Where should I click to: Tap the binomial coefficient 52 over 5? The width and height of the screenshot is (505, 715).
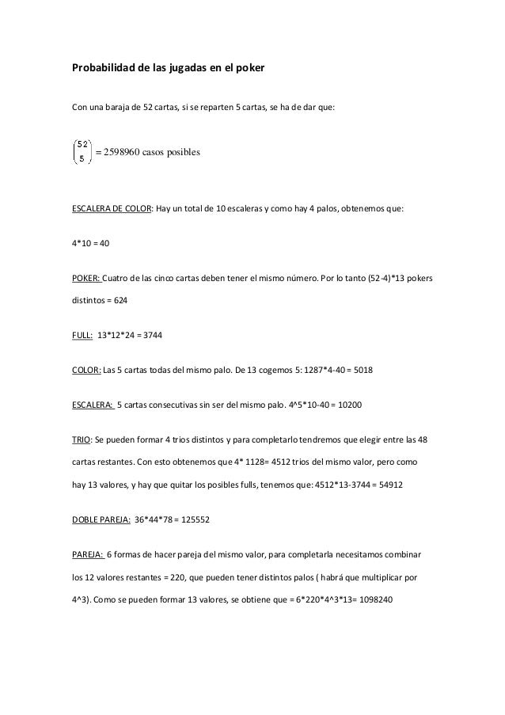click(82, 151)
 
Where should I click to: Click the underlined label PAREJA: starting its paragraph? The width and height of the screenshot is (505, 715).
click(87, 557)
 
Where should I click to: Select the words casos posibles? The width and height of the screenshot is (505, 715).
click(173, 152)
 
